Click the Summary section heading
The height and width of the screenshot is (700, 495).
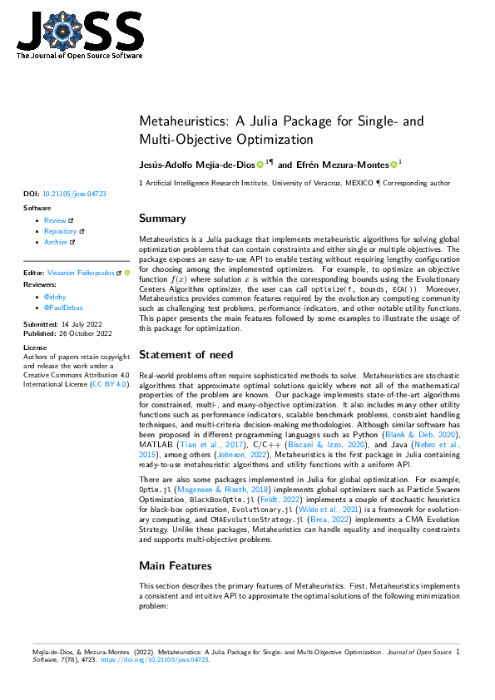[x=162, y=219]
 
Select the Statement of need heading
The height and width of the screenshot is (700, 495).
[x=186, y=354]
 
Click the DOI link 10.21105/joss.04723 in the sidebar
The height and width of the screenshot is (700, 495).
[x=74, y=194]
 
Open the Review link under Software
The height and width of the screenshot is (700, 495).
[x=55, y=220]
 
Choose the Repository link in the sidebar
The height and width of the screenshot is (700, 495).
[x=60, y=231]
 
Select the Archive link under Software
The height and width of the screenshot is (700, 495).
[x=56, y=242]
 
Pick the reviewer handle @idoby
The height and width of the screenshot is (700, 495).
[x=55, y=296]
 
